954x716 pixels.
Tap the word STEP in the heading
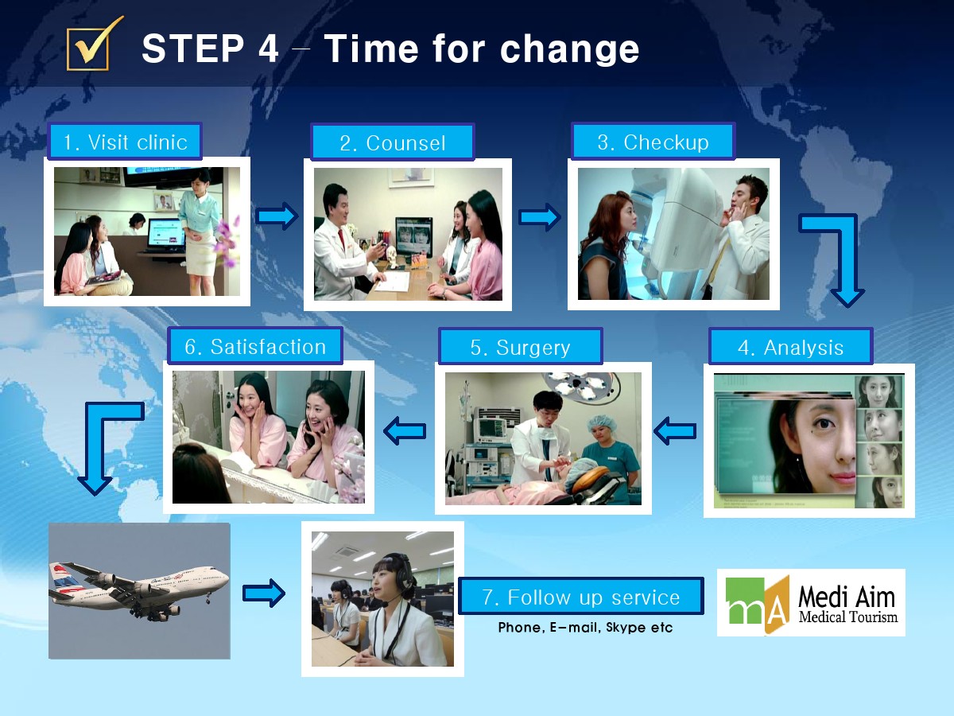click(x=192, y=49)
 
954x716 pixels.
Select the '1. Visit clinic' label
click(x=125, y=142)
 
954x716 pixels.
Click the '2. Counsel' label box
click(x=393, y=142)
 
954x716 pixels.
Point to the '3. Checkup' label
click(x=653, y=142)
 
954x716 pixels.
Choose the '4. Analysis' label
click(x=790, y=347)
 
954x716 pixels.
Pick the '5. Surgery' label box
click(x=520, y=347)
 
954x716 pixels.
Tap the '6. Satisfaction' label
click(x=255, y=346)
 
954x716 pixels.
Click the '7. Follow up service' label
click(x=581, y=597)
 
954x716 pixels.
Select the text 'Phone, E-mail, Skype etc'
click(x=585, y=628)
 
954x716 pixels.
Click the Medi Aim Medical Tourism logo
click(x=811, y=602)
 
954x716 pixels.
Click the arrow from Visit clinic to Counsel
click(x=277, y=216)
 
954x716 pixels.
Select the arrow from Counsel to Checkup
click(x=539, y=217)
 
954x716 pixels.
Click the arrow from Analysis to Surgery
click(x=675, y=431)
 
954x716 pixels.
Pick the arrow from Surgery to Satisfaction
click(x=405, y=431)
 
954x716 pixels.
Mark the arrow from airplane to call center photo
click(x=264, y=593)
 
